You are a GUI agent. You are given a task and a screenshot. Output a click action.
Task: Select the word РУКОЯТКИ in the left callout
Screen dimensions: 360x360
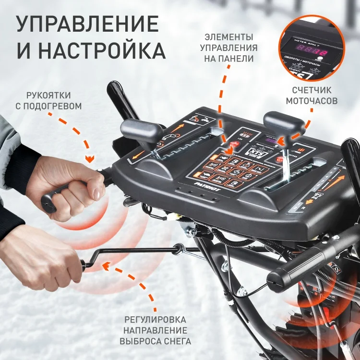point(48,94)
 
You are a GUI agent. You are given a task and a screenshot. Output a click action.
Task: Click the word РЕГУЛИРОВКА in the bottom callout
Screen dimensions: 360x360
point(155,320)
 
